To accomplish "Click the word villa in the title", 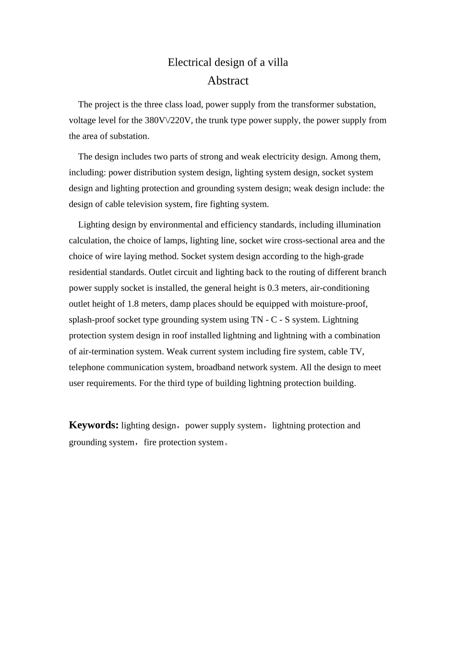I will (x=277, y=62).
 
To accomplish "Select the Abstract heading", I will (x=228, y=81).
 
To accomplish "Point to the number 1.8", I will (x=133, y=304).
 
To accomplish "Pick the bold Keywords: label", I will (x=94, y=425).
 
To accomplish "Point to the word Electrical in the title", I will (x=190, y=62).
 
